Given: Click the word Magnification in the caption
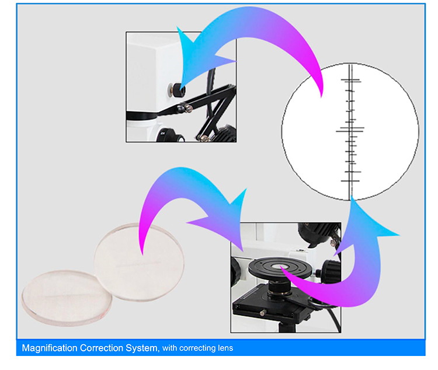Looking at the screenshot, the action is coord(50,348).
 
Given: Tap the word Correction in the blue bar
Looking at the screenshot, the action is coord(102,348).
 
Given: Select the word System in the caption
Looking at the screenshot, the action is coord(142,348).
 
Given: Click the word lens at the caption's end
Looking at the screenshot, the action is coord(225,348).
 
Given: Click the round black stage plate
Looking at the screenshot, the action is coord(279,267).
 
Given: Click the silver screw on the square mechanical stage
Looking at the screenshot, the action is coord(262,313).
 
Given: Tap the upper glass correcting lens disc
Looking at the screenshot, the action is coord(139,262).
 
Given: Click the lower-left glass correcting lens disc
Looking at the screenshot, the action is coord(67,298).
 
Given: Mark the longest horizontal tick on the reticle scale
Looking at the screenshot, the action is coord(350,130).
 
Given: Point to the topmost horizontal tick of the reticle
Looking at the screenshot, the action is coord(351,80).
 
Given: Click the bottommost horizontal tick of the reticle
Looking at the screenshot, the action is coord(350,181).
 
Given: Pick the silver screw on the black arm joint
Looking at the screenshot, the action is coord(189,109).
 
